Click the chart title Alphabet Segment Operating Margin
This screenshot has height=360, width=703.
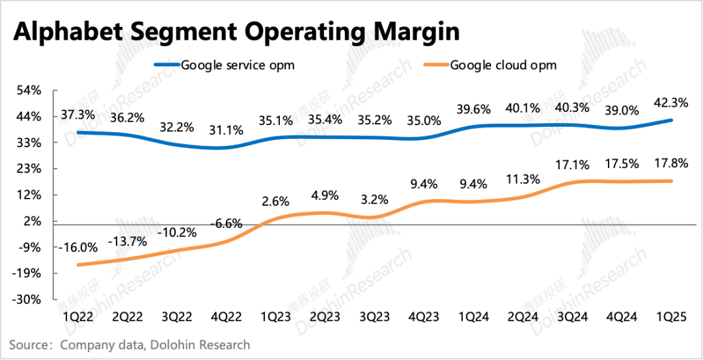pyautogui.click(x=236, y=31)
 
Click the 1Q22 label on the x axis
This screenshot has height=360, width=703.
pyautogui.click(x=77, y=317)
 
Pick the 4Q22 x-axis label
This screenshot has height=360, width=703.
pyautogui.click(x=227, y=317)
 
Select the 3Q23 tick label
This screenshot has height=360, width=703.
pyautogui.click(x=376, y=317)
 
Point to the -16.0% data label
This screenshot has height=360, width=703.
pyautogui.click(x=77, y=247)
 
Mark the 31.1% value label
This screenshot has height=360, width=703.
pyautogui.click(x=227, y=130)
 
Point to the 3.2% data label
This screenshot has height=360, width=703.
pyautogui.click(x=376, y=199)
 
